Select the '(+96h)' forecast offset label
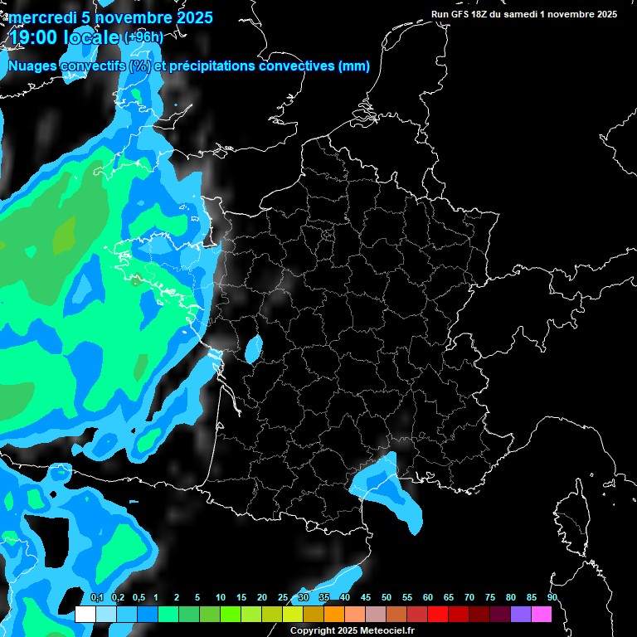pyautogui.click(x=143, y=37)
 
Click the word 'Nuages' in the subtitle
pyautogui.click(x=33, y=66)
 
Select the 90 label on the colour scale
pyautogui.click(x=552, y=597)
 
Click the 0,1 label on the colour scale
pyautogui.click(x=97, y=597)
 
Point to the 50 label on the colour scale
pyautogui.click(x=387, y=597)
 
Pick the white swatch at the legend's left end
pyautogui.click(x=85, y=614)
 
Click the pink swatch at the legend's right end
pyautogui.click(x=542, y=614)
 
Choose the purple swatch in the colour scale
pyautogui.click(x=521, y=614)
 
